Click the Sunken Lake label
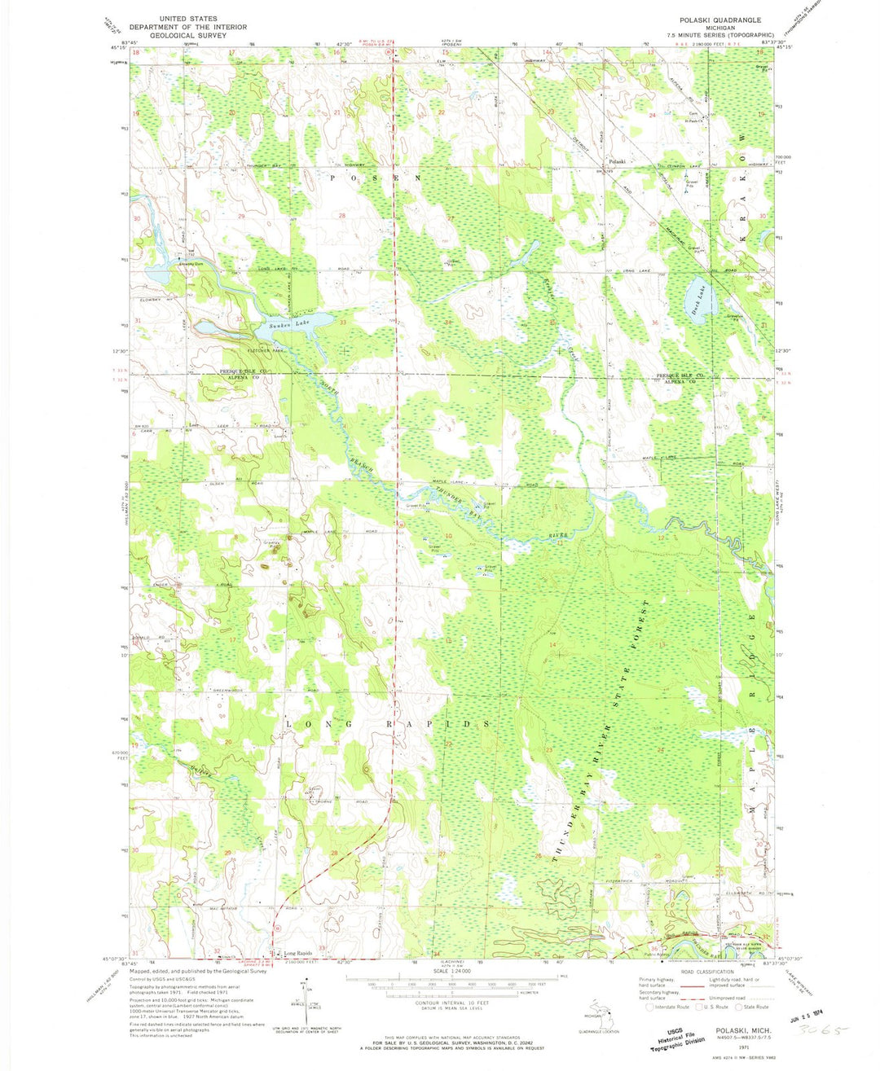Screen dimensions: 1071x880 click(x=284, y=325)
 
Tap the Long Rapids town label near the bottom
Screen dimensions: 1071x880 click(x=297, y=953)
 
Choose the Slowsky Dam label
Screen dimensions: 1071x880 click(x=181, y=264)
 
